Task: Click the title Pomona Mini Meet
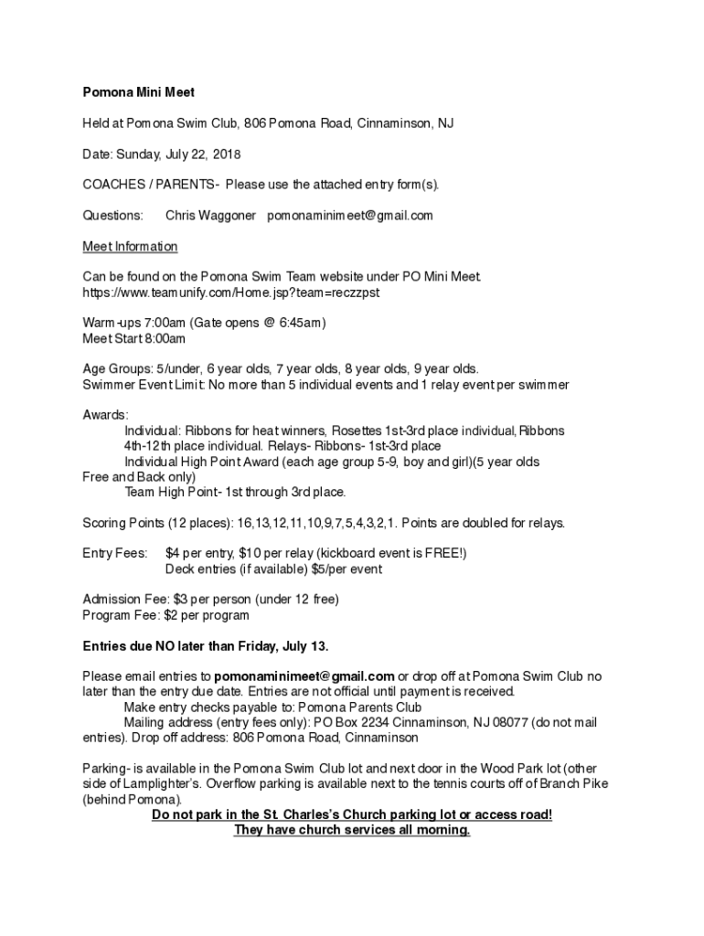139,92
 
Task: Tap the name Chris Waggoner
210,216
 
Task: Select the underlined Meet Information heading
130,247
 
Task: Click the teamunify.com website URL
230,292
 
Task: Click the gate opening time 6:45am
300,323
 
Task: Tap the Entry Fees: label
114,554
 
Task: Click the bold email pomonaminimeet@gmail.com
304,676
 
